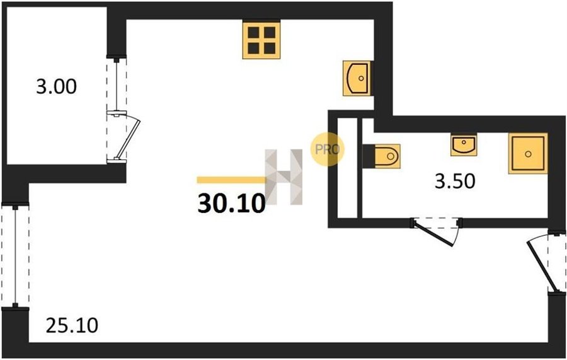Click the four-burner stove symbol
(x=261, y=40)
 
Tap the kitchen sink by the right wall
(x=357, y=78)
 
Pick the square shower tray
(x=528, y=153)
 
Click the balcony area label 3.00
(x=57, y=87)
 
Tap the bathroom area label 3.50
(x=454, y=181)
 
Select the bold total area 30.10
(x=231, y=204)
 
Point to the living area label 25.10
(x=72, y=325)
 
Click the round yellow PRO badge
(x=327, y=149)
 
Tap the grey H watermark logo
(x=284, y=177)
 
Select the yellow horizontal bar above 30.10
(x=231, y=180)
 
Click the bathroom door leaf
(x=433, y=235)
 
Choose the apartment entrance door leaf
(x=538, y=266)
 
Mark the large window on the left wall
(x=15, y=255)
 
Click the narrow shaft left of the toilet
(x=347, y=168)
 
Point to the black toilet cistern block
(x=369, y=156)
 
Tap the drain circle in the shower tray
(x=528, y=154)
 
